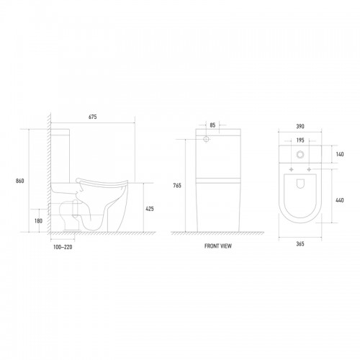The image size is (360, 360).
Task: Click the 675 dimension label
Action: point(93,117)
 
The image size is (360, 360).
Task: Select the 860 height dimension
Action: point(20,181)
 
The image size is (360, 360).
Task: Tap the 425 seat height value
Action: point(150,209)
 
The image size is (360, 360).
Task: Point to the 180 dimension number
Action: point(38,221)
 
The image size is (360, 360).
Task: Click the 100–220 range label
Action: point(63,247)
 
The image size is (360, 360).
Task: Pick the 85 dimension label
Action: point(212,125)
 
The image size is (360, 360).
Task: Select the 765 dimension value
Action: point(177,185)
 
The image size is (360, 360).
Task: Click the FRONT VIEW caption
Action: point(218,246)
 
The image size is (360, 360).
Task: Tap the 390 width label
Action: point(300,127)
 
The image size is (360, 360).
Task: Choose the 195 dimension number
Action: point(300,140)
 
